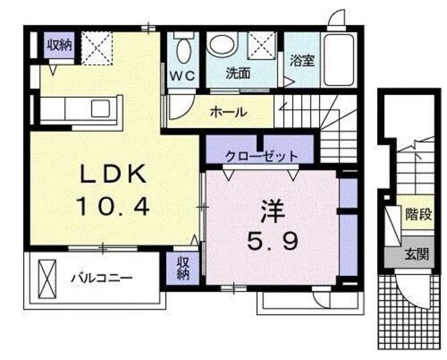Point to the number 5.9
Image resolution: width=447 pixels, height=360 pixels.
coord(273,242)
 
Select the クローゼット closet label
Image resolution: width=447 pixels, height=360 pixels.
coord(261,157)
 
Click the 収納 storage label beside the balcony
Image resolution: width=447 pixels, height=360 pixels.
coord(182,268)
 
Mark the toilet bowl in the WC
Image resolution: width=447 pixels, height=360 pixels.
coord(184,50)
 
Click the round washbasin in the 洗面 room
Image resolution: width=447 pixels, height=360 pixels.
coord(223,45)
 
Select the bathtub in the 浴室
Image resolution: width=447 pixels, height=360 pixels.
coord(341,56)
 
